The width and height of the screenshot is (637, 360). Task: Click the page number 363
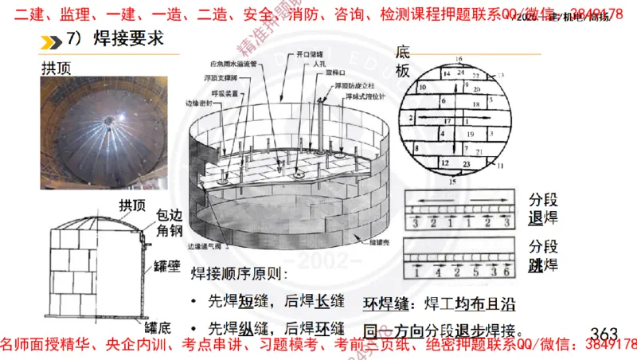point(604,332)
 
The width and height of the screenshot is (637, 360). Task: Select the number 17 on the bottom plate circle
point(448,120)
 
